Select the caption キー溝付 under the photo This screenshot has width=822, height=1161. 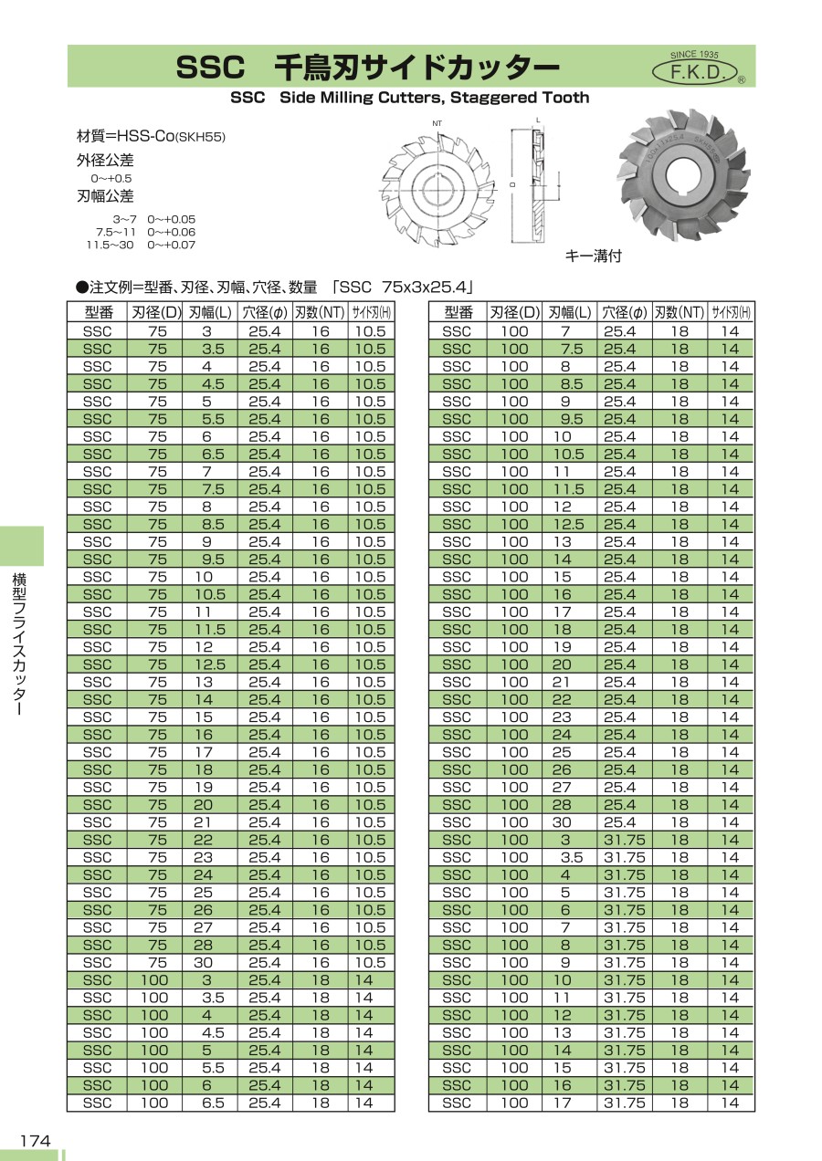(x=594, y=256)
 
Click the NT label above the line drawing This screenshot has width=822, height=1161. (x=437, y=123)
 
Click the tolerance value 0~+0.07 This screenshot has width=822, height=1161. (x=172, y=245)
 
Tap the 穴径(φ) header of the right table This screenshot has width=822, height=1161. (x=624, y=312)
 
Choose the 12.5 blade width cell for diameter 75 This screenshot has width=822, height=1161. (x=207, y=664)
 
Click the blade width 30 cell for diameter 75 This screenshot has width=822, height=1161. (x=203, y=963)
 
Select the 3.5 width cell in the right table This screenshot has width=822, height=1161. (x=571, y=857)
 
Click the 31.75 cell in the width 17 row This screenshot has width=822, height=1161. (x=624, y=1103)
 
